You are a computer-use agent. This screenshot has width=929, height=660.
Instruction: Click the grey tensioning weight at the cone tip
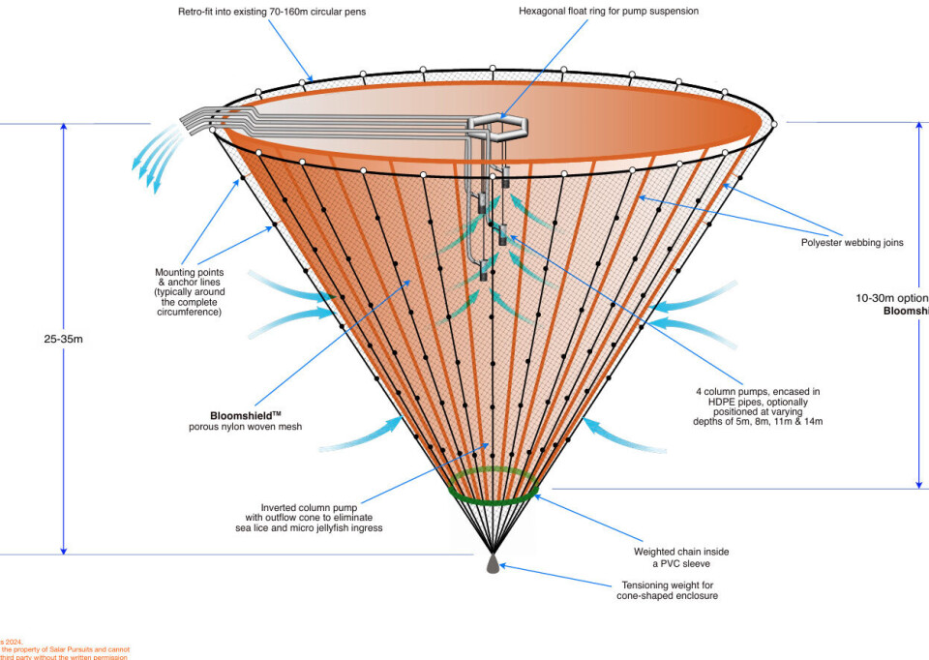point(493,561)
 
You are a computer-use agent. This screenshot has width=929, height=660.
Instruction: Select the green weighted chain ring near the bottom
point(494,486)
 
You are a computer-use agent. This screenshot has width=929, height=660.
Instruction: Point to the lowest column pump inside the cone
point(483,273)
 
